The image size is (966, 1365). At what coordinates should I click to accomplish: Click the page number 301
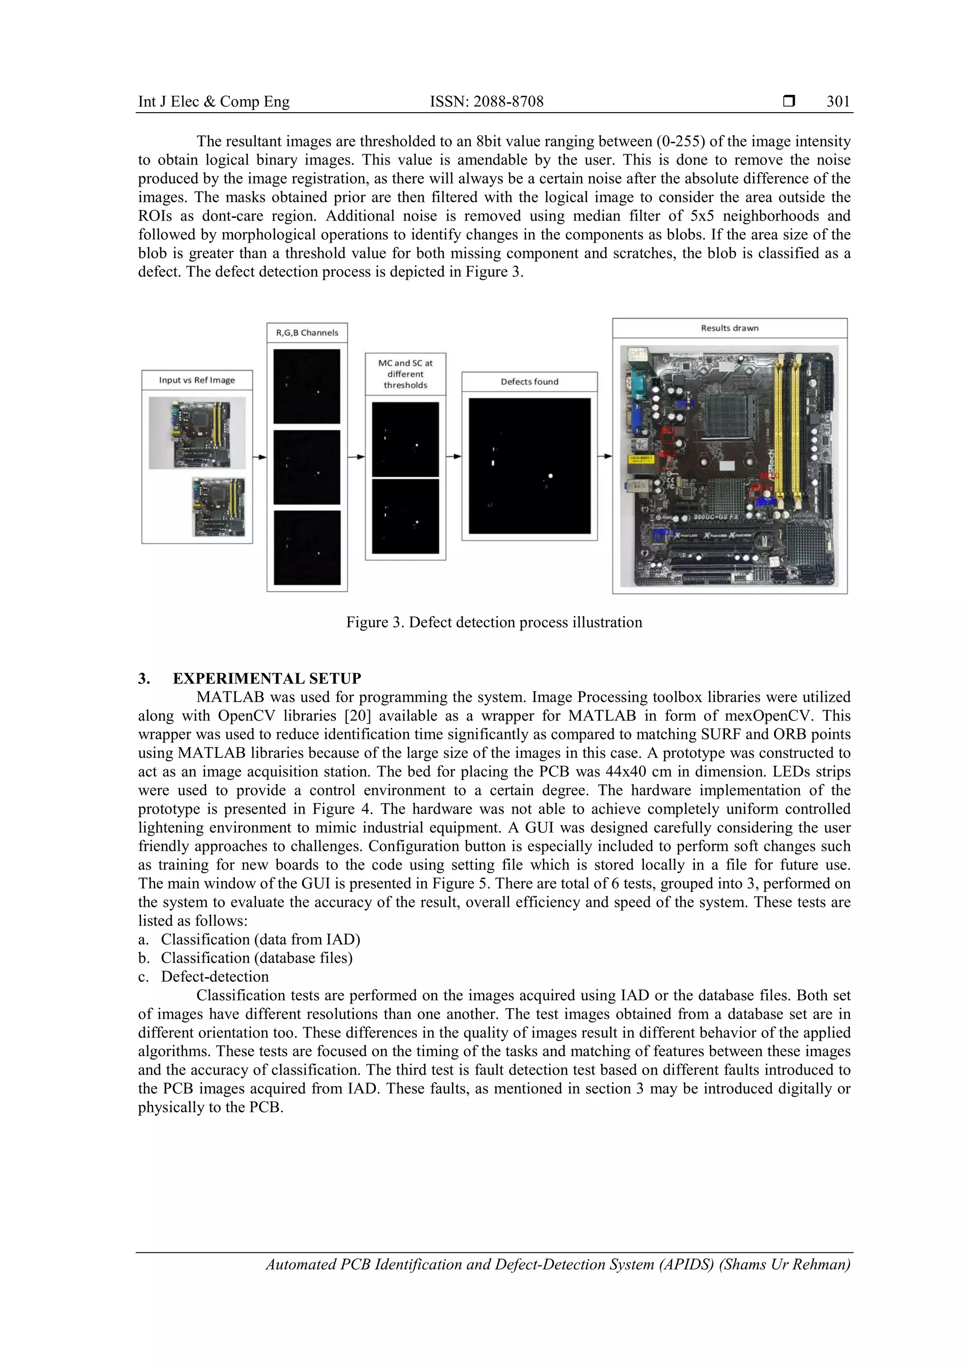click(x=838, y=102)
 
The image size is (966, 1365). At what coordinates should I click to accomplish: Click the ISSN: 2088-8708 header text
click(x=487, y=102)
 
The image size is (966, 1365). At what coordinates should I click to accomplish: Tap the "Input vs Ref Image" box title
click(x=197, y=380)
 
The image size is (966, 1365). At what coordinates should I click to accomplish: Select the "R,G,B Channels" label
click(x=307, y=333)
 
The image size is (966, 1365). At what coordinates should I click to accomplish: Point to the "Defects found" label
click(x=529, y=382)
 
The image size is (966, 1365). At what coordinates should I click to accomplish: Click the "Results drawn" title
click(x=729, y=328)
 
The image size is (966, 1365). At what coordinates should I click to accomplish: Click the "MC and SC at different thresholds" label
click(x=406, y=374)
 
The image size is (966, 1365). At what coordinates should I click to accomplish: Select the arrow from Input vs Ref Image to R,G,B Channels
click(x=259, y=457)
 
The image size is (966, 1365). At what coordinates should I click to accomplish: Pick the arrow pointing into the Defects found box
click(x=454, y=457)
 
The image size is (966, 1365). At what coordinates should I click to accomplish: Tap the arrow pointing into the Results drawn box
click(x=605, y=457)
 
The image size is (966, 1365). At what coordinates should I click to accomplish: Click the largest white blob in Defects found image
click(x=551, y=476)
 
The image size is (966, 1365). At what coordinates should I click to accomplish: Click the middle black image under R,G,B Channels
click(x=307, y=467)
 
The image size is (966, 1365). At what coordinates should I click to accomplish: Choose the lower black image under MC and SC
click(x=406, y=516)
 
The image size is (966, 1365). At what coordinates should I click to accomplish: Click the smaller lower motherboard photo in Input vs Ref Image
click(x=218, y=507)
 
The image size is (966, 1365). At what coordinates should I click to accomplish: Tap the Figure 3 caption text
click(x=494, y=623)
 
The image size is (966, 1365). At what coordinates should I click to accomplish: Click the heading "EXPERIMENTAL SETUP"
click(x=267, y=679)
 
